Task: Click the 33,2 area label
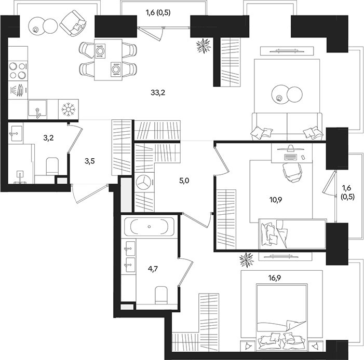pyautogui.click(x=158, y=93)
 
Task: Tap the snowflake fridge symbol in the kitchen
pyautogui.click(x=69, y=109)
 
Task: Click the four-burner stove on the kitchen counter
pyautogui.click(x=18, y=70)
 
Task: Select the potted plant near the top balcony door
pyautogui.click(x=204, y=46)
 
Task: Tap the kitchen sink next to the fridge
pyautogui.click(x=38, y=109)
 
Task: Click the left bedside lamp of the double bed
pyautogui.click(x=248, y=347)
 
